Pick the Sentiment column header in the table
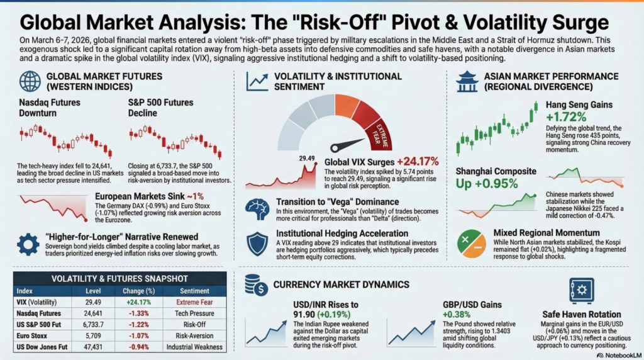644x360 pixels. tap(195, 291)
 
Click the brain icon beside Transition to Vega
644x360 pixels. tap(258, 208)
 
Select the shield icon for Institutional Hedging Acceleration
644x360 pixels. tap(258, 243)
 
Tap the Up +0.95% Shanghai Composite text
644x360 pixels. tap(487, 184)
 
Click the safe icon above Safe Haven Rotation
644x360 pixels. tap(580, 291)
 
